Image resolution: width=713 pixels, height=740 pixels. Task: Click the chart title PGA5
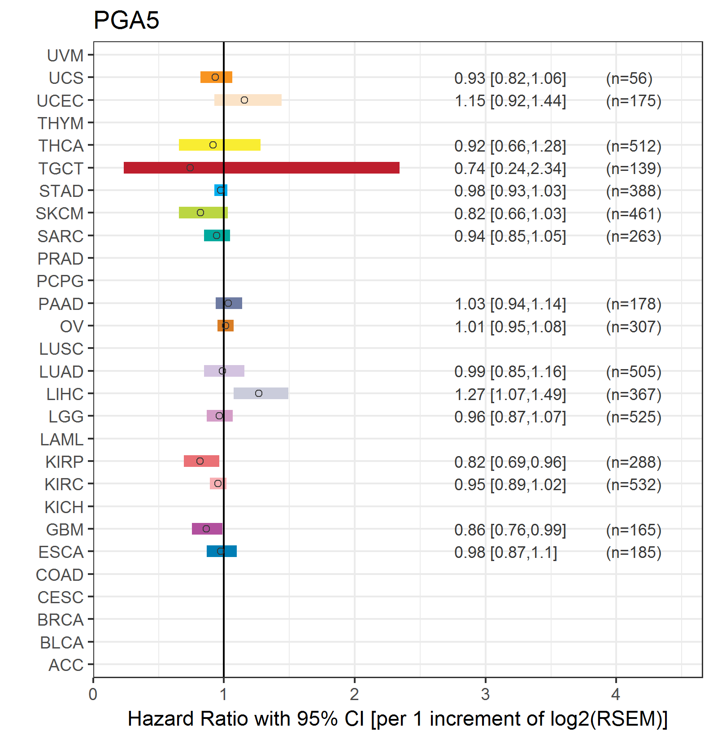coord(126,20)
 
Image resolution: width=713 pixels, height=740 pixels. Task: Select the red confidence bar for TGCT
coord(261,168)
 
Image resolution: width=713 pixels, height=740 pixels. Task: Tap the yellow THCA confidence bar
coord(220,145)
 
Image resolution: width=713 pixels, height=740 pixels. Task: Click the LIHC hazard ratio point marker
coord(259,393)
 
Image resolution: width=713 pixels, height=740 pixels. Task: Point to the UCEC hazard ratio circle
coord(244,100)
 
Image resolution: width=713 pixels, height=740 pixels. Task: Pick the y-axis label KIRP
coord(65,461)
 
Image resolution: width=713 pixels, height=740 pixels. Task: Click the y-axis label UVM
coord(65,56)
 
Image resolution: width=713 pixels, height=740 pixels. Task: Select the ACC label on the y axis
coord(66,665)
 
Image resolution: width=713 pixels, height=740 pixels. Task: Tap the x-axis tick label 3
coord(485,694)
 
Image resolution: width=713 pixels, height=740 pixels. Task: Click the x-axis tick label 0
coord(93,694)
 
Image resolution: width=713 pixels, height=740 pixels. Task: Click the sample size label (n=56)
coord(629,78)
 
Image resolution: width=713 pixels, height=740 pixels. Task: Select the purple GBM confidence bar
coord(207,529)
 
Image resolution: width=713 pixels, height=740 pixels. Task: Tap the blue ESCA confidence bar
coord(222,551)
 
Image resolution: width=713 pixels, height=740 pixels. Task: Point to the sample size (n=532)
coord(634,485)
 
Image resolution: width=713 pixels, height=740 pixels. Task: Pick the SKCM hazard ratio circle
coord(200,213)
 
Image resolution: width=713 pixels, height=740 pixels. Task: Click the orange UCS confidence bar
coord(216,77)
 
